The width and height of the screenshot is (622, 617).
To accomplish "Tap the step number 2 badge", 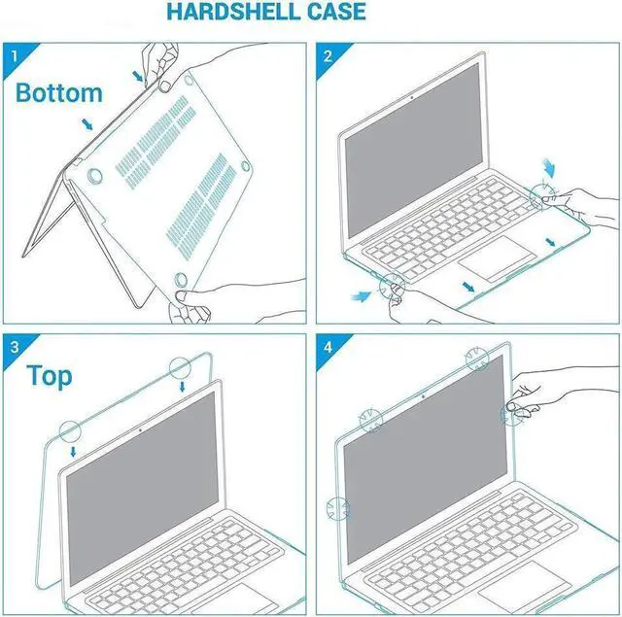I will click(x=328, y=55).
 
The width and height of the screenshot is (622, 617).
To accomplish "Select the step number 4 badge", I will click(x=328, y=347).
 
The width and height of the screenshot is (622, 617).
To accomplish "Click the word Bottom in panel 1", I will click(x=59, y=93).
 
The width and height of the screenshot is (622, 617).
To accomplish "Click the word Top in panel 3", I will click(x=49, y=375).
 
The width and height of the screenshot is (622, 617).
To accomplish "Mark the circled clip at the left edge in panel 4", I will click(x=337, y=507).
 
